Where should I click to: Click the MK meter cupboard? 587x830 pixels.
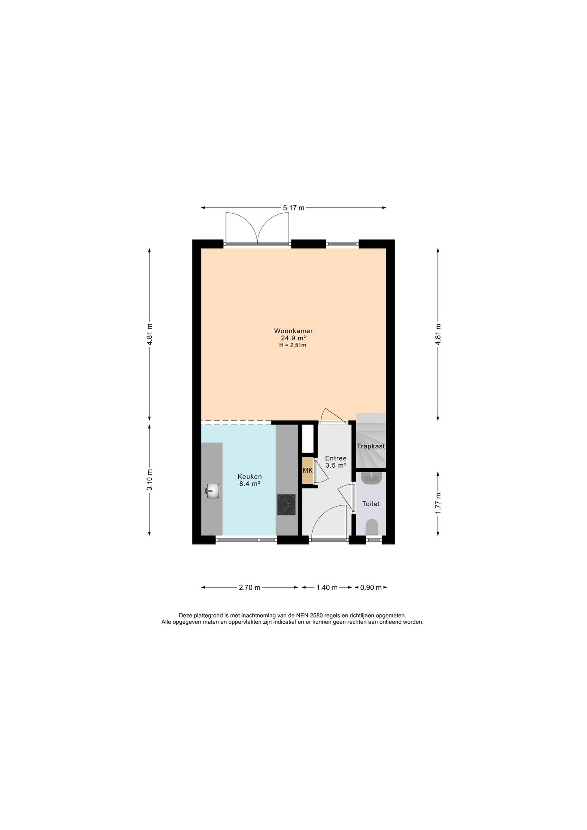(308, 471)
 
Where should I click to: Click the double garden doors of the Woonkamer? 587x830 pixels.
(257, 229)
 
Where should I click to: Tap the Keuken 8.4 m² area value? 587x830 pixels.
(250, 484)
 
